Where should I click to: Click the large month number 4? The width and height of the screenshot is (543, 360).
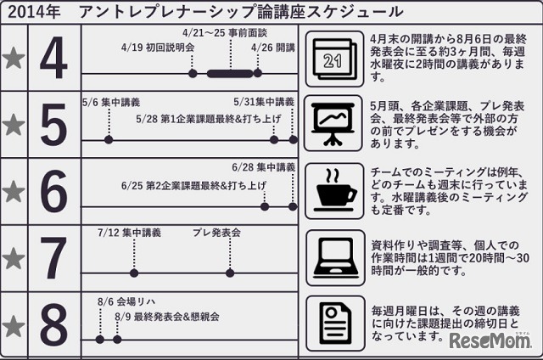coord(54,59)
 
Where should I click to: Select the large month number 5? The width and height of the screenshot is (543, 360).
coord(54,127)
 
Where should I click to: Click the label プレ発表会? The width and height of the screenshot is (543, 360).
coord(217,232)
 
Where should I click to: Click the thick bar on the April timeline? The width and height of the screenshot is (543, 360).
coord(230,74)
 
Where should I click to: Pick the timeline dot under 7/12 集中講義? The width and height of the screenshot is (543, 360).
coord(133,273)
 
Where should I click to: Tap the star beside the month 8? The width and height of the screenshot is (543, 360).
coord(14,325)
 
